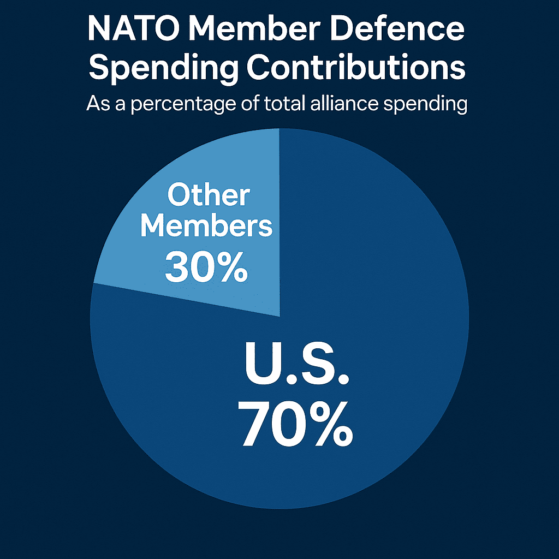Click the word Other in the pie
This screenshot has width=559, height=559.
point(209,195)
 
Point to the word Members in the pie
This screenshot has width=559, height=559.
point(206,226)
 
